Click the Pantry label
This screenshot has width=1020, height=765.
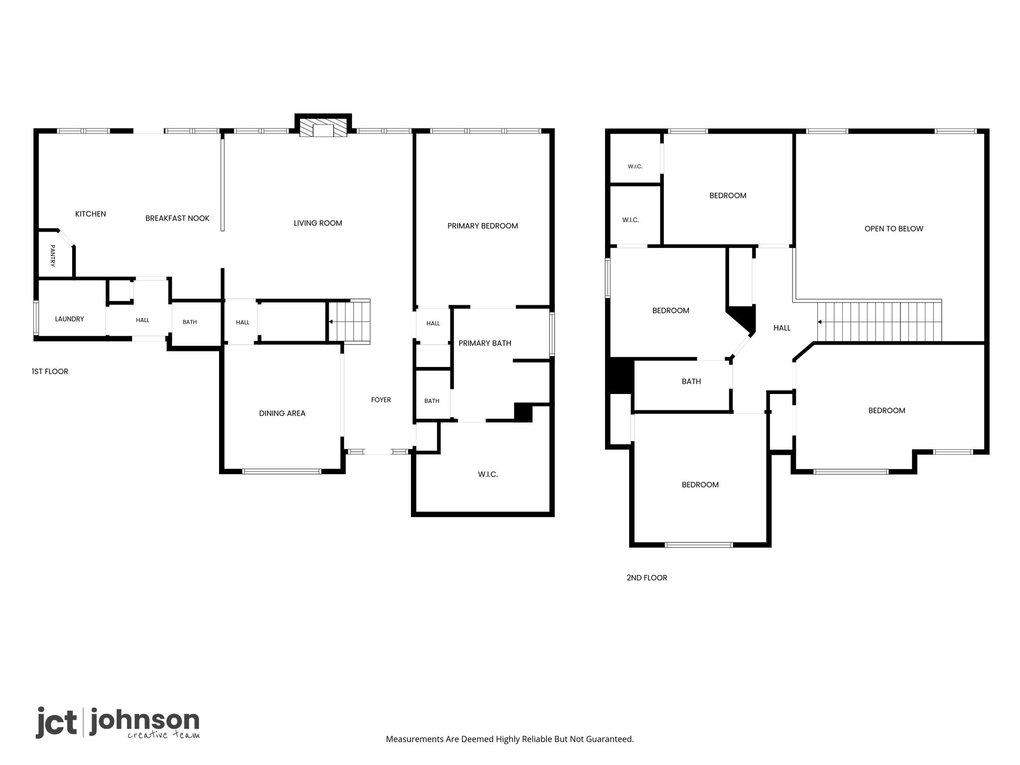(x=52, y=255)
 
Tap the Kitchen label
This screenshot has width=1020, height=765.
(x=91, y=214)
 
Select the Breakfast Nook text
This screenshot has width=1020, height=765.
(x=177, y=218)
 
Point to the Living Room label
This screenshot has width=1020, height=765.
(x=318, y=223)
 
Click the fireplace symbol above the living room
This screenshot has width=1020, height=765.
(x=323, y=127)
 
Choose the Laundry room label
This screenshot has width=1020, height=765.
(x=69, y=319)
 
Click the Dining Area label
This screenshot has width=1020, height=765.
(x=282, y=413)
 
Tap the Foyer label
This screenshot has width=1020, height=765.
(x=381, y=400)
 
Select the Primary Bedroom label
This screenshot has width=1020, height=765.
(x=483, y=226)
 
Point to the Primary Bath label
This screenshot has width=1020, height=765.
(x=485, y=343)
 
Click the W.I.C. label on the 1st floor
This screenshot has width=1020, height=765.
(x=488, y=475)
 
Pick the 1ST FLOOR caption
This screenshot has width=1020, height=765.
(x=50, y=372)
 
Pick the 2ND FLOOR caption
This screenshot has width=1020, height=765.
(x=647, y=578)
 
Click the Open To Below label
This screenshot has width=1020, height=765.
(x=894, y=229)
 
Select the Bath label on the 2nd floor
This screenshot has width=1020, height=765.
(x=691, y=382)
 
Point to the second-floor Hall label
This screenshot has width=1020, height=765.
(x=782, y=328)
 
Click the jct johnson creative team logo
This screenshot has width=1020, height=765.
(x=118, y=723)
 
